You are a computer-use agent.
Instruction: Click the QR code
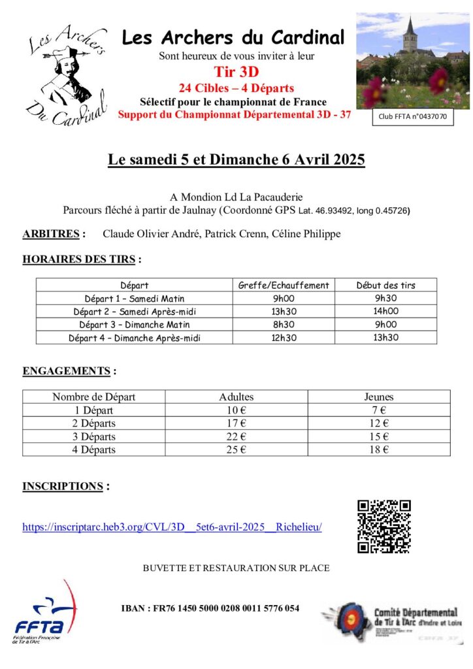[x=384, y=526]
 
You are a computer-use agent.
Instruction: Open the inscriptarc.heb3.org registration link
[x=172, y=527]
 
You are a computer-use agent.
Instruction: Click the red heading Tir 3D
[x=236, y=72]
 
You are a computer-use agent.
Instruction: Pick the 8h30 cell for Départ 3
[x=284, y=325]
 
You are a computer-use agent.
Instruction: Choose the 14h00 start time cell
[x=385, y=312]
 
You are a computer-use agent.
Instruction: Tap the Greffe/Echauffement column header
[x=284, y=285]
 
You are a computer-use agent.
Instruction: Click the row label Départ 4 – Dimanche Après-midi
[x=135, y=338]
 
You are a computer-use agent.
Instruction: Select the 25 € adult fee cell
[x=236, y=449]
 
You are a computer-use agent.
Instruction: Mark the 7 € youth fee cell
[x=378, y=410]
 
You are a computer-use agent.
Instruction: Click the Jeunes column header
[x=378, y=397]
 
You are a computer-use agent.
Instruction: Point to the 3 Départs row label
[x=94, y=436]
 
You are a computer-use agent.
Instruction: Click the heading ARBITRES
[x=53, y=234]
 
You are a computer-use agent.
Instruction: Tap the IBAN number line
[x=210, y=608]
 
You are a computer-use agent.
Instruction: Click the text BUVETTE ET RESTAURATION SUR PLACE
[x=236, y=568]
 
